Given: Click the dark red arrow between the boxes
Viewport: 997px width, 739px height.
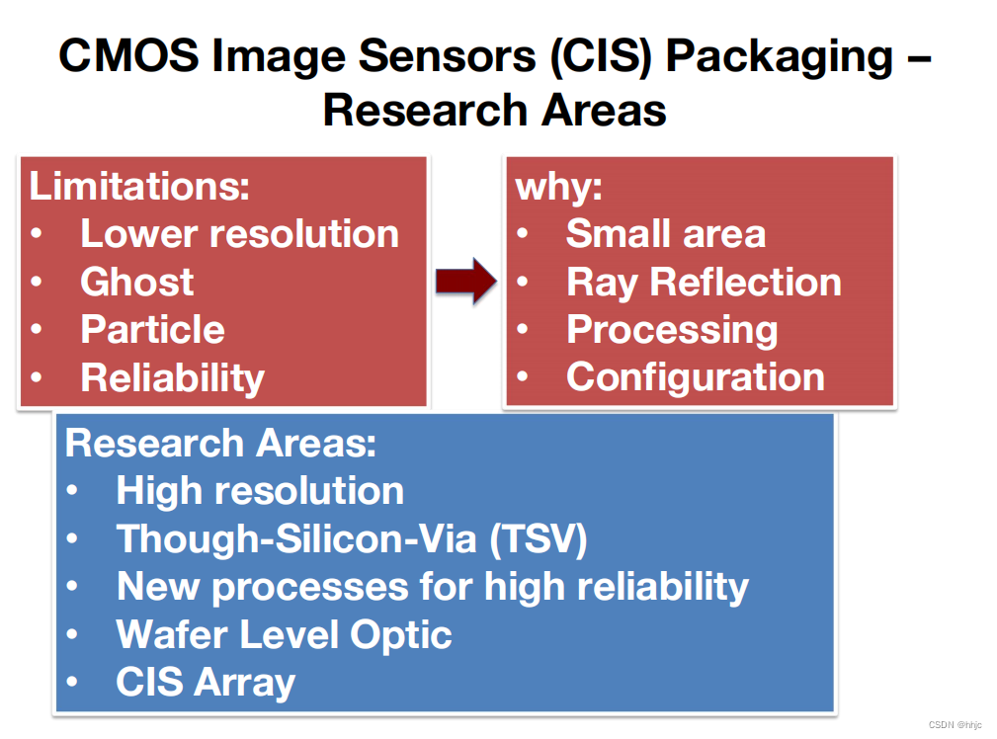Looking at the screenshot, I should click(465, 281).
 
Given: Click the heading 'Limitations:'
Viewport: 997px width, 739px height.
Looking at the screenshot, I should click(139, 186).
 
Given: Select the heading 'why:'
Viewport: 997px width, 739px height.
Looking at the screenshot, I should click(559, 186).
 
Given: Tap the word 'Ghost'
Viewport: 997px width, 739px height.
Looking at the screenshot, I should click(137, 282).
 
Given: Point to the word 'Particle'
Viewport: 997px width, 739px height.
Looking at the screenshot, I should click(152, 329).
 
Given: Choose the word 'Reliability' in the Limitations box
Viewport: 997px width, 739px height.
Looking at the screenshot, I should click(172, 377).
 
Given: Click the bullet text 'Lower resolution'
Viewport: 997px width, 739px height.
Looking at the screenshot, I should click(239, 233).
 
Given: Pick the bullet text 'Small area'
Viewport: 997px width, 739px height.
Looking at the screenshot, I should click(665, 233).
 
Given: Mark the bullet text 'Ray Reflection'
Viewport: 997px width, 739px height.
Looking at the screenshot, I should click(704, 282).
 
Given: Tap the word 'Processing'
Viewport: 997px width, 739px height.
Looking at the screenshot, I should click(672, 329).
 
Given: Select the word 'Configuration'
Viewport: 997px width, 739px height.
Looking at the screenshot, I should click(695, 376).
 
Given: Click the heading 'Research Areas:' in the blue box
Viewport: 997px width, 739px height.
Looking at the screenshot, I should click(220, 443).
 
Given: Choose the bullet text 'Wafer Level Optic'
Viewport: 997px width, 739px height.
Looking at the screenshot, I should click(284, 634).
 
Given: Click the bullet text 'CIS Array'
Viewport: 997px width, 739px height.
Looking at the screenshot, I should click(206, 682).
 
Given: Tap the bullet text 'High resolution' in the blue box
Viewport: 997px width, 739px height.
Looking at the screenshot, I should click(260, 491).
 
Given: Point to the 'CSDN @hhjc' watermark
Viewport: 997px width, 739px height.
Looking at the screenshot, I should click(955, 724).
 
